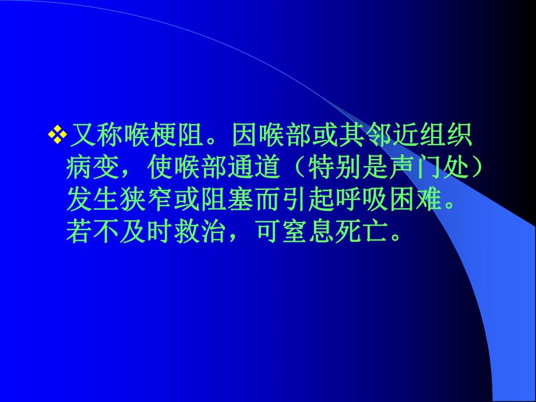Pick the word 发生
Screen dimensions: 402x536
[94, 202]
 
